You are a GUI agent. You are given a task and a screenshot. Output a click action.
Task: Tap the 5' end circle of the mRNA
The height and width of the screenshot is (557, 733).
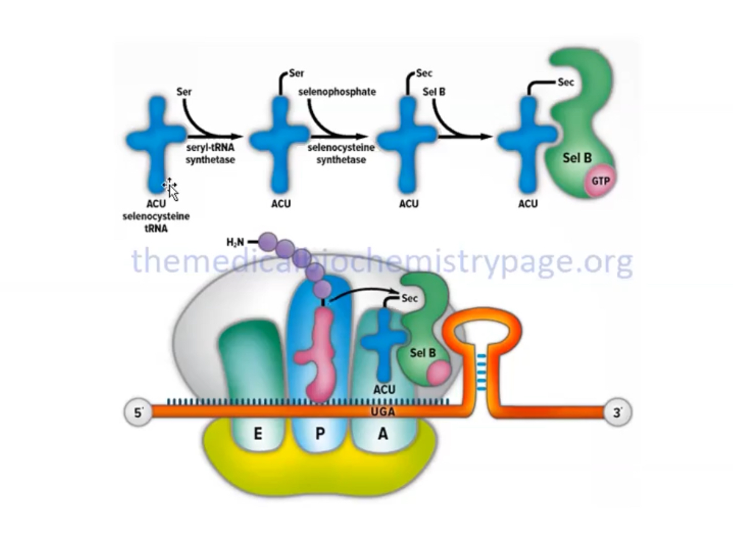coord(138,413)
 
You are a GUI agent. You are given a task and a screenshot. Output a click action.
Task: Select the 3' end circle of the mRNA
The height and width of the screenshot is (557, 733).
coord(617,413)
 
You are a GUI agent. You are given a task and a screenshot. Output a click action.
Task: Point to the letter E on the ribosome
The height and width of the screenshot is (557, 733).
coord(258,434)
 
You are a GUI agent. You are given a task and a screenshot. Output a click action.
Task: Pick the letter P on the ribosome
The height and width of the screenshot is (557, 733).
coord(320,434)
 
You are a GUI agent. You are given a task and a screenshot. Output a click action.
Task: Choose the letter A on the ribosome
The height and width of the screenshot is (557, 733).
coord(383,434)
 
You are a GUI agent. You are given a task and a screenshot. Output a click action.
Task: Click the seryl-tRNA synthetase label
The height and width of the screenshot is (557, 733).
coord(210,154)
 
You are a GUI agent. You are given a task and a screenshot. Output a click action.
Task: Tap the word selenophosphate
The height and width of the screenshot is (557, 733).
coord(337,91)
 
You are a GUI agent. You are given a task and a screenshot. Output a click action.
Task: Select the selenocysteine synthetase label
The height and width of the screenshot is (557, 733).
coord(341,154)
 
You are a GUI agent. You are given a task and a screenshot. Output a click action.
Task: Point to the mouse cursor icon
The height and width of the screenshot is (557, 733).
coord(171,189)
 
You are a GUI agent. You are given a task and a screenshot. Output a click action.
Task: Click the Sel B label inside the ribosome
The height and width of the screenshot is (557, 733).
coord(423,353)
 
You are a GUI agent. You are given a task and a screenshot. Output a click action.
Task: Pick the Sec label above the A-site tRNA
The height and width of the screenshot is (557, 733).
coord(409,298)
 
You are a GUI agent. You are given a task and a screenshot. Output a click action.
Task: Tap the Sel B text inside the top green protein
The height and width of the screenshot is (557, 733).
coord(577,158)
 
